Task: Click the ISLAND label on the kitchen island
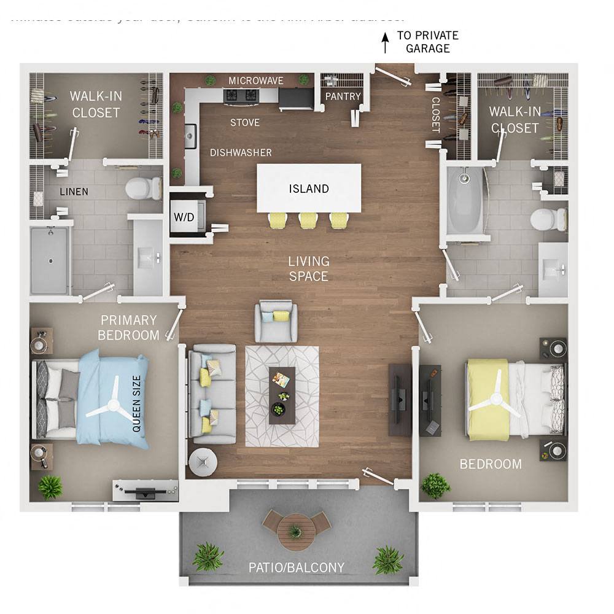(309, 188)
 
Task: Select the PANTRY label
(343, 96)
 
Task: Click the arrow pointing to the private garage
(386, 42)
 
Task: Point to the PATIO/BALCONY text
(297, 567)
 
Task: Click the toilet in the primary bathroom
(142, 188)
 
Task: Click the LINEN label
(74, 192)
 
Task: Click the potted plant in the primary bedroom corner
(50, 487)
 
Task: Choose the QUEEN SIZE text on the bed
(136, 403)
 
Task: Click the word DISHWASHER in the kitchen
(241, 152)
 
